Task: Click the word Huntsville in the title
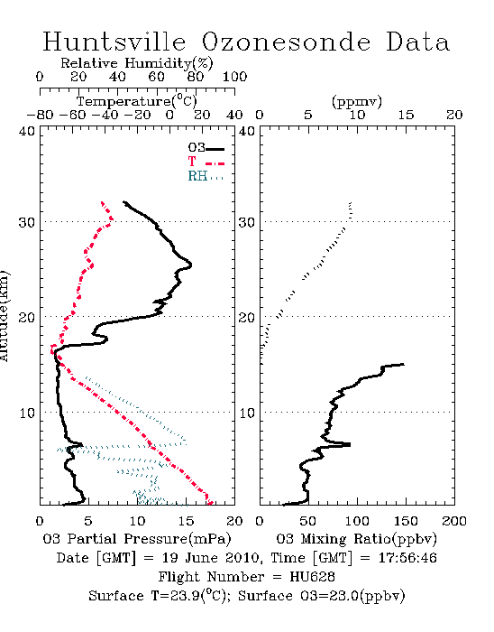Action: [114, 42]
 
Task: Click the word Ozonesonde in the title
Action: [285, 42]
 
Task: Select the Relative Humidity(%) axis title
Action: [137, 63]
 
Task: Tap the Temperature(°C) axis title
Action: [137, 101]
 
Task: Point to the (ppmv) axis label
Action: [357, 101]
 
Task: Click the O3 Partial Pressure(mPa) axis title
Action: [137, 539]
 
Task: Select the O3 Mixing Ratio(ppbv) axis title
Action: [356, 539]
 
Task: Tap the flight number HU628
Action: [312, 577]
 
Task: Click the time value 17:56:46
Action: [407, 558]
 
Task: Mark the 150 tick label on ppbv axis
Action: [406, 521]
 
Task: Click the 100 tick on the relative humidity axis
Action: [235, 77]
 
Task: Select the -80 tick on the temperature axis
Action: [40, 115]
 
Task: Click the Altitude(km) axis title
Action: [4, 316]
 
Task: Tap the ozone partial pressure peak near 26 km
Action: [191, 265]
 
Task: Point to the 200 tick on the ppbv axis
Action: [454, 521]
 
